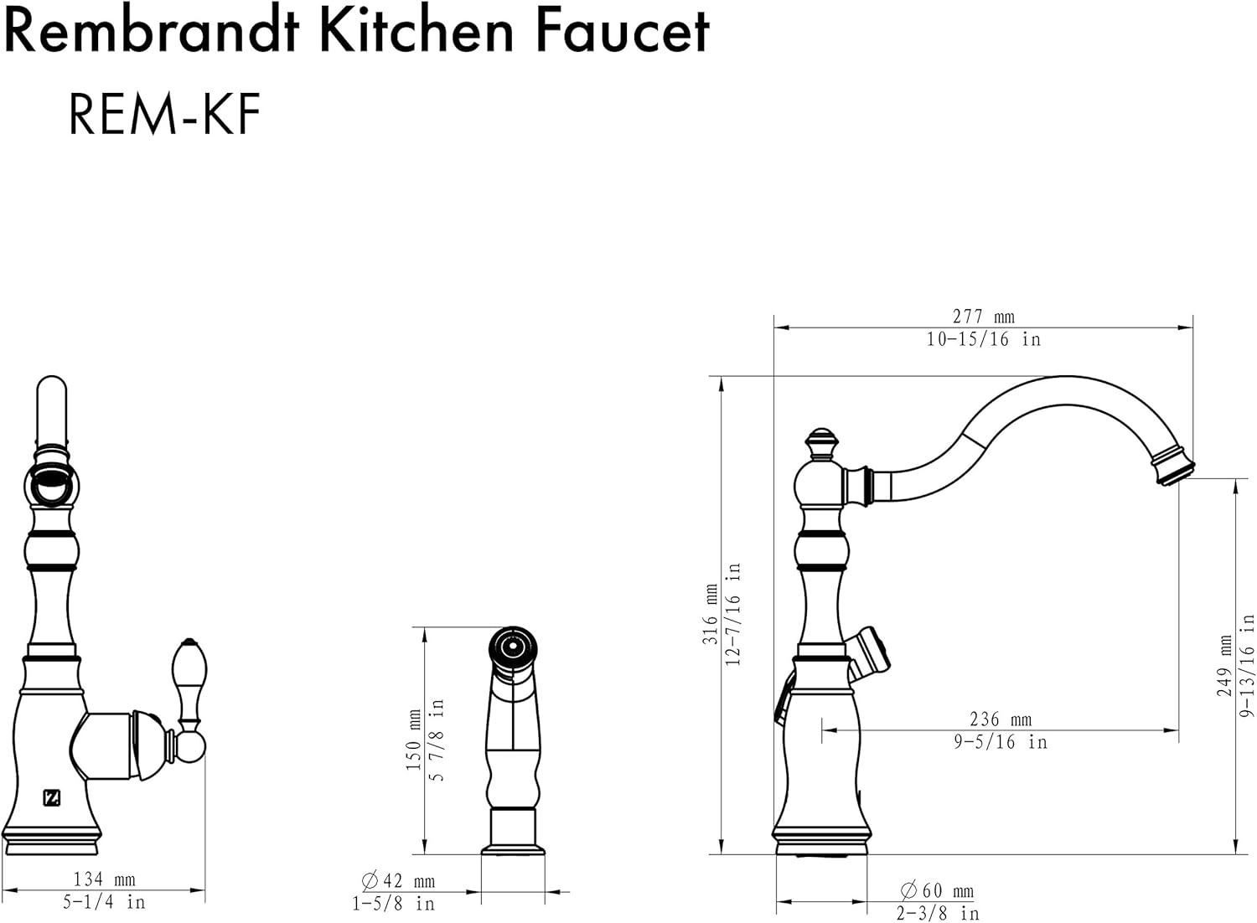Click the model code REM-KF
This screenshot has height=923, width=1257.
click(164, 114)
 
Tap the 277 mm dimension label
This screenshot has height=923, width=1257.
click(983, 317)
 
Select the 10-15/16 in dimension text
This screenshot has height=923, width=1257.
click(983, 339)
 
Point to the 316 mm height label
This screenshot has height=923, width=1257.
click(711, 614)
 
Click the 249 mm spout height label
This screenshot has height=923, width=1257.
click(1224, 666)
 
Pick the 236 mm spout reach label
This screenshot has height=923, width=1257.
click(1001, 719)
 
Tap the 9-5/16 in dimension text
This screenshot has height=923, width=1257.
click(1001, 742)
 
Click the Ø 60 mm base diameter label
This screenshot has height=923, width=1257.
click(937, 889)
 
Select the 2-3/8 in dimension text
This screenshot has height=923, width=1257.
click(937, 914)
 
